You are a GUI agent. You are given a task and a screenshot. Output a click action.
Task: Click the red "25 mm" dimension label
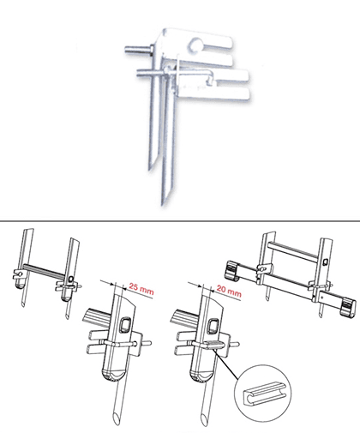(141, 289)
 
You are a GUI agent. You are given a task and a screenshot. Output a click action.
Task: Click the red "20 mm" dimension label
(229, 291)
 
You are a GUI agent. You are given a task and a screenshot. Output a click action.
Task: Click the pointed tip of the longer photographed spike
(163, 204)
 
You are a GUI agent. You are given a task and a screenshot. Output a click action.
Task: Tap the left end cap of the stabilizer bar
(231, 270)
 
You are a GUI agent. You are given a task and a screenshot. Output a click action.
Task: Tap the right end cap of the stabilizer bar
(349, 307)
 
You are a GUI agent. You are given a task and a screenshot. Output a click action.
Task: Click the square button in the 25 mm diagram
(125, 325)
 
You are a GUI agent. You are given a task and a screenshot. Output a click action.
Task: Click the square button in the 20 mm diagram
(213, 326)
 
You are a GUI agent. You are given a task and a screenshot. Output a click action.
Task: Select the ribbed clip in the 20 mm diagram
(213, 346)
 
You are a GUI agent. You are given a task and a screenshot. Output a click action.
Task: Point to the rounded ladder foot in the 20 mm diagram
(201, 376)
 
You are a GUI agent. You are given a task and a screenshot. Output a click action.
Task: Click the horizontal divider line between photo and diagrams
(180, 221)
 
